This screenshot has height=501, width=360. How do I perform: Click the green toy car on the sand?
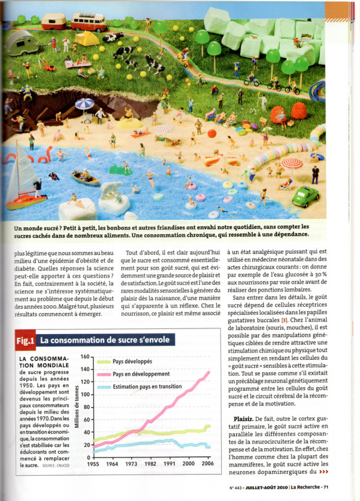[x=323, y=195]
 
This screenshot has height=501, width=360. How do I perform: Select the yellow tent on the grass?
[x=87, y=39]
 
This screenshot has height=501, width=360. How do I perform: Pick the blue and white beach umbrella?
[x=84, y=104]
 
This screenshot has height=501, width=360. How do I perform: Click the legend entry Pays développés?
[x=132, y=361]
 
